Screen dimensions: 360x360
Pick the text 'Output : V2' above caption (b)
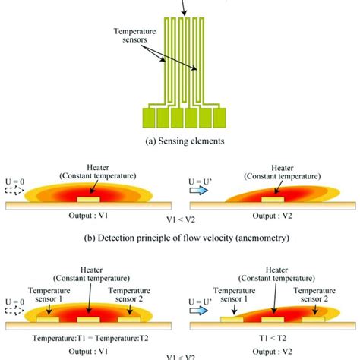point(271,215)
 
